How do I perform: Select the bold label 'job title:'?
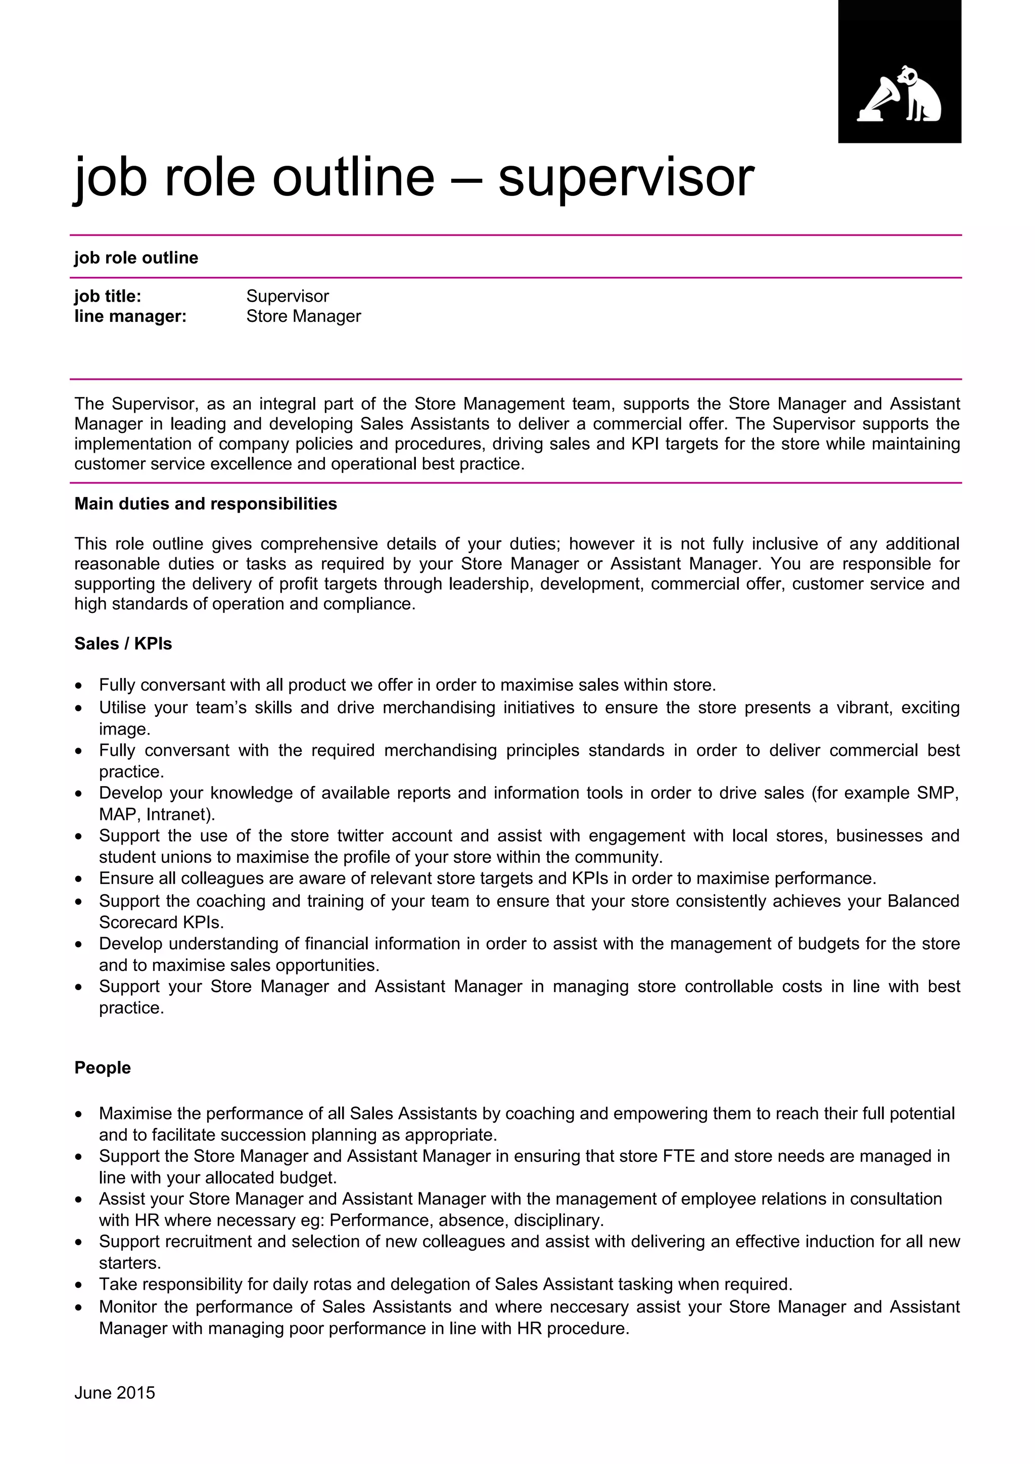[108, 296]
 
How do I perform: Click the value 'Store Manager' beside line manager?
[304, 316]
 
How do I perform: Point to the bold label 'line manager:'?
[130, 316]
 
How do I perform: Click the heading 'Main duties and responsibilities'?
[205, 504]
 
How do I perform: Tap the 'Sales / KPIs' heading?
[123, 644]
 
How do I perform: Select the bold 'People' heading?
[103, 1067]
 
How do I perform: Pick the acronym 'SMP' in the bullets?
[937, 793]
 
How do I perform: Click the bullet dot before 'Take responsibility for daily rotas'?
[78, 1285]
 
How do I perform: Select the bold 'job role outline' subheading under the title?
[136, 258]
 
